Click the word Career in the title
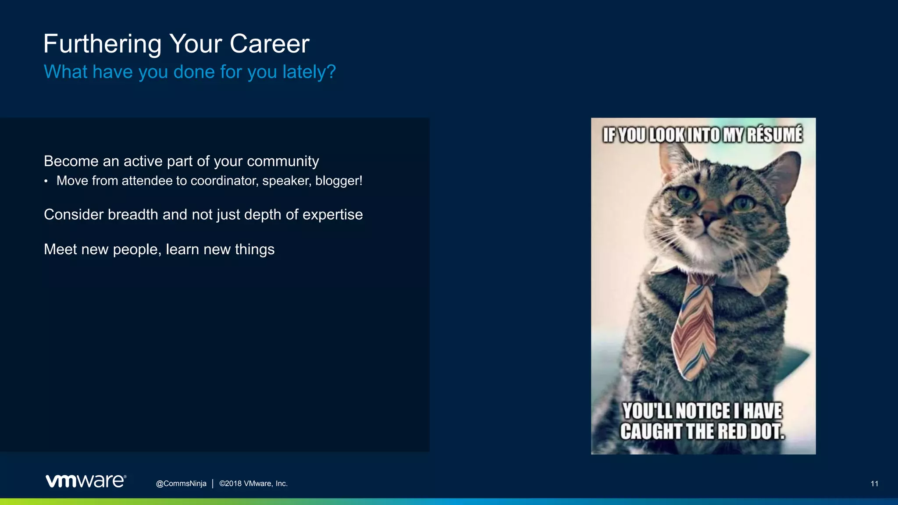(x=269, y=44)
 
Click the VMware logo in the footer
(x=86, y=481)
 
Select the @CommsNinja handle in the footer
(x=181, y=484)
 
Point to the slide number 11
(x=874, y=484)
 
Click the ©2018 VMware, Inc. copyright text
(x=253, y=484)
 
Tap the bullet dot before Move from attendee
(x=46, y=181)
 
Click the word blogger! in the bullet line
(x=339, y=181)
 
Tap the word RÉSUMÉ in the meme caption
(x=775, y=135)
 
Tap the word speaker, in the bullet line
(x=287, y=181)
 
